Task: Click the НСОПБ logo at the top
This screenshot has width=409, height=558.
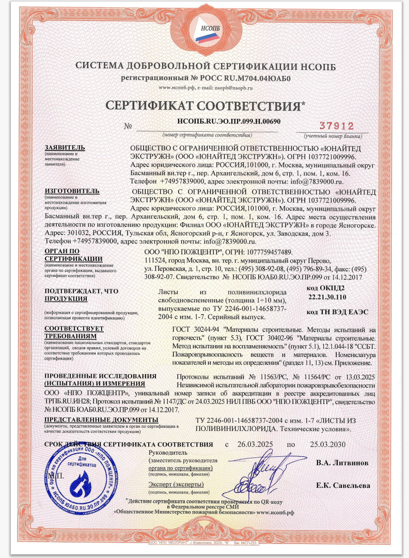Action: [x=204, y=30]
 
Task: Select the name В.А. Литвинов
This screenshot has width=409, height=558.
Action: [x=342, y=463]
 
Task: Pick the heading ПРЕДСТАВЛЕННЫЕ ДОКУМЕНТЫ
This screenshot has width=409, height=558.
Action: [x=101, y=419]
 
